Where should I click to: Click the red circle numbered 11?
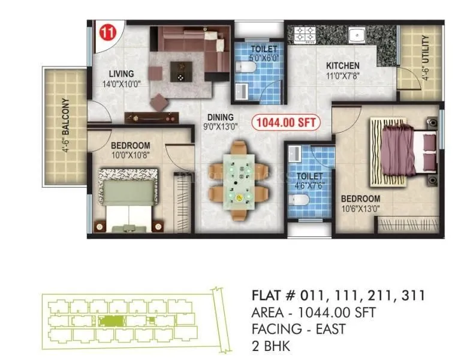coord(107,32)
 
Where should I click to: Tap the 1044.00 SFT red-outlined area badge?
coord(285,122)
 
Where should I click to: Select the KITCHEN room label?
coord(342,66)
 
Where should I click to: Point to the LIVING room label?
coord(121,74)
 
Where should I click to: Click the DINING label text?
coord(220,117)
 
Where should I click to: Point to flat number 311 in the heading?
coord(412,295)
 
